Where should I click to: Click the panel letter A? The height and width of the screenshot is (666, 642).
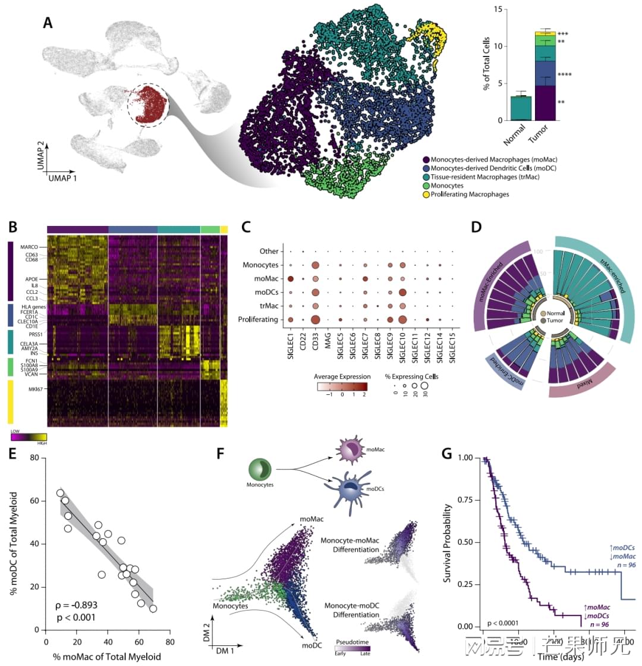tap(50, 23)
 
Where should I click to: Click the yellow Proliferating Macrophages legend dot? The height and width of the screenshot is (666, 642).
tap(426, 194)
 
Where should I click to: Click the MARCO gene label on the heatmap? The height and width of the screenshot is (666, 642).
tap(29, 247)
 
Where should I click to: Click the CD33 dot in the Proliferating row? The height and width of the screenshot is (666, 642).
tap(316, 319)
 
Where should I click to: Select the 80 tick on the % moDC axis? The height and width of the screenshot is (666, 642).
tap(39, 458)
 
